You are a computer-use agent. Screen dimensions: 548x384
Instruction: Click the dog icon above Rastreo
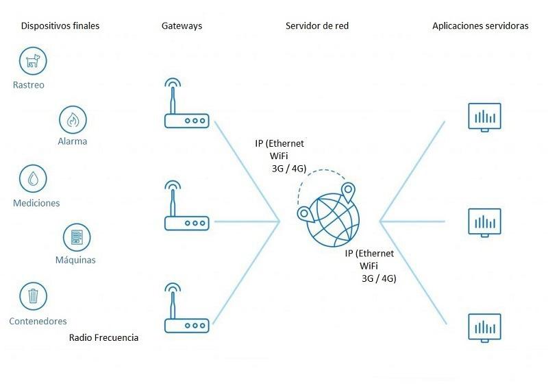[33, 61]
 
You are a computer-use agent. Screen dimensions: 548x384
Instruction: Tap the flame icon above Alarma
[73, 119]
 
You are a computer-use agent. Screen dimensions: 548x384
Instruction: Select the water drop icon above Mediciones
[33, 179]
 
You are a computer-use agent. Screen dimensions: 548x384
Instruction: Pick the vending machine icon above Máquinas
[77, 237]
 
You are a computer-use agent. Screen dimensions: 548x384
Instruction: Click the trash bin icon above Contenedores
[33, 296]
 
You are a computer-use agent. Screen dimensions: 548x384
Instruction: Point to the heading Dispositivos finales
[60, 26]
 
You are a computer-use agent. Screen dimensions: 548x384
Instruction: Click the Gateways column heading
[182, 26]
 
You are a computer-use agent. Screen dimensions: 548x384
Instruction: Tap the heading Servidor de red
[317, 26]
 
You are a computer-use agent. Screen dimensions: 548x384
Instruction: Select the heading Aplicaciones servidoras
[480, 26]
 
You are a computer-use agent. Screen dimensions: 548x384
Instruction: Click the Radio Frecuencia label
[104, 337]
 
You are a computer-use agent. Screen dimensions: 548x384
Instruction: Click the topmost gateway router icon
[186, 103]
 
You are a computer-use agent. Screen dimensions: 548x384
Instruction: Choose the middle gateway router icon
[186, 206]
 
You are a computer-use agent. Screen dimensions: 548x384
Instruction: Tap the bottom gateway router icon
[186, 308]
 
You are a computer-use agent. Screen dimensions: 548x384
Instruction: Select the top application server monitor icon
[484, 117]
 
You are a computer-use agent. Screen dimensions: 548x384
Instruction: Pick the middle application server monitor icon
[484, 223]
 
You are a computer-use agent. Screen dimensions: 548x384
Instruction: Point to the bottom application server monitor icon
[484, 328]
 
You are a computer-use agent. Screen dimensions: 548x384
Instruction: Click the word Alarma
[73, 141]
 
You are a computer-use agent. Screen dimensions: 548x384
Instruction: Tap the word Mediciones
[36, 203]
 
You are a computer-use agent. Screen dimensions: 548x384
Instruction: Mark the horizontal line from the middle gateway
[247, 221]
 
